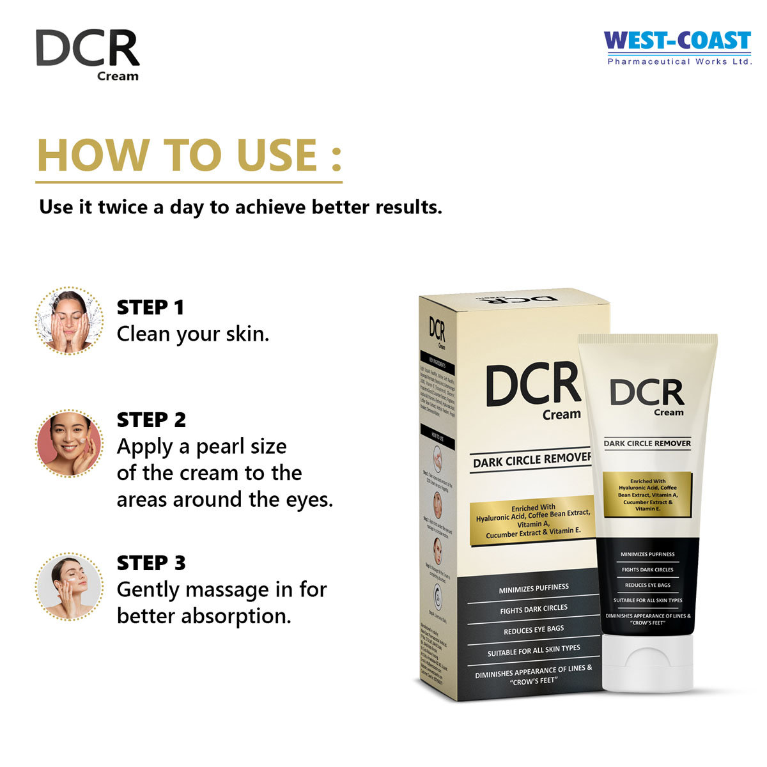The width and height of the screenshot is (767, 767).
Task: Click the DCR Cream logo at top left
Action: point(88,55)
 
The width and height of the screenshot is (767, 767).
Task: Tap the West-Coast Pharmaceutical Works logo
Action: point(678,47)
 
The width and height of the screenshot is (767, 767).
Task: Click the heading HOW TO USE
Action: point(189,155)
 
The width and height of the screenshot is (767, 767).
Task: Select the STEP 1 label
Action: point(150,307)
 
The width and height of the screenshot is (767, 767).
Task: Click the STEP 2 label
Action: point(151,420)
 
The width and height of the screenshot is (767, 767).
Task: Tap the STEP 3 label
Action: point(151,563)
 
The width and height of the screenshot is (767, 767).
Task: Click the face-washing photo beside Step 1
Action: point(69,321)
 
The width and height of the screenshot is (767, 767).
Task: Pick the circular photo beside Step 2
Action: point(69,444)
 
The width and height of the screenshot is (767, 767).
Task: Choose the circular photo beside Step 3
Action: point(69,587)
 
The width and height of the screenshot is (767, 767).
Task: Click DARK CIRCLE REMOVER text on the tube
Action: point(647,444)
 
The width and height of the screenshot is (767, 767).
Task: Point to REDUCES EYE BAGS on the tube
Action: point(647,585)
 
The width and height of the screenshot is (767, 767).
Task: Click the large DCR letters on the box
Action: point(532,385)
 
